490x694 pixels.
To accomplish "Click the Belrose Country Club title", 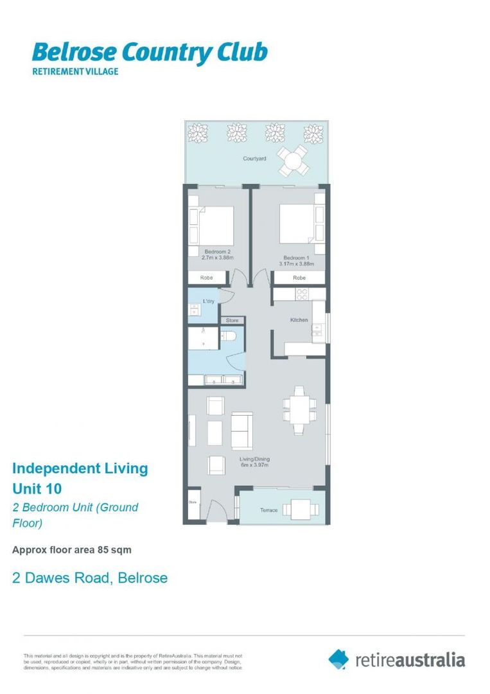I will [150, 52].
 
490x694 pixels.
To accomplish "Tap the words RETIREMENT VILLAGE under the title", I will [75, 71].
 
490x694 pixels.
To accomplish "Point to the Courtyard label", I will [254, 158].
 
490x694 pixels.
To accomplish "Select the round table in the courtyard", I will [293, 159].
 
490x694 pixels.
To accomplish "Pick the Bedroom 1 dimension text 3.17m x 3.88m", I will [296, 263].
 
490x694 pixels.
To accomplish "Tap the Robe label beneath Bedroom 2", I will [206, 278].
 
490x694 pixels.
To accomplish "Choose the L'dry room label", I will [208, 301].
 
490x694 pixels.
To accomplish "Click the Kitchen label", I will [299, 319].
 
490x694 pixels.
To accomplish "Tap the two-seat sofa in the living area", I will [242, 431].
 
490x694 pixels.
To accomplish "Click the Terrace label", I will [268, 510].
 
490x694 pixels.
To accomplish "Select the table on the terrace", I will [299, 510].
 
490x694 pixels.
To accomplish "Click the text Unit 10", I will [37, 488].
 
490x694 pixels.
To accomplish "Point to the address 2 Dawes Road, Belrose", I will [90, 578].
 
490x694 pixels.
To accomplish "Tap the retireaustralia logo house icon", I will [338, 659].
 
